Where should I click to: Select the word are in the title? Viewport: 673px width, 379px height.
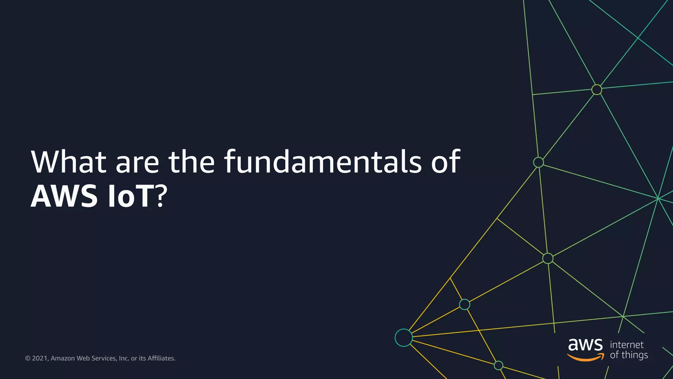click(137, 164)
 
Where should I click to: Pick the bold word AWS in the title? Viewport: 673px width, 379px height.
click(64, 196)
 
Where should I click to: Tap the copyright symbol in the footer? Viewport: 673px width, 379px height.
click(28, 358)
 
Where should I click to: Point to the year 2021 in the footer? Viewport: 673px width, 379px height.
click(40, 358)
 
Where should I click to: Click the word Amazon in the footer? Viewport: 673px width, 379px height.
click(62, 358)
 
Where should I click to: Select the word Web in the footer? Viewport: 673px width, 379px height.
click(82, 358)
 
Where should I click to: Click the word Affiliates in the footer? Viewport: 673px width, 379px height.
click(161, 358)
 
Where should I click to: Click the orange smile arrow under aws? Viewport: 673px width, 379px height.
click(585, 357)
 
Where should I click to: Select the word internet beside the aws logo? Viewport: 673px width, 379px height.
click(627, 344)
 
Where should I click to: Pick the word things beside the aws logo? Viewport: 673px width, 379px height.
click(635, 355)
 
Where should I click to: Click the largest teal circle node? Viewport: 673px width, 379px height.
click(404, 338)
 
